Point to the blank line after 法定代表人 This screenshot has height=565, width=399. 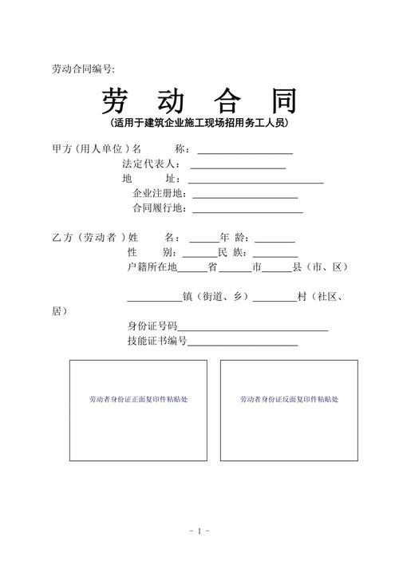tap(238, 167)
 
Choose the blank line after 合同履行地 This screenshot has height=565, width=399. tap(247, 211)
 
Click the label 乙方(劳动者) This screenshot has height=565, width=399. tap(86, 238)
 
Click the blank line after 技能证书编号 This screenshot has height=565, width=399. tap(243, 344)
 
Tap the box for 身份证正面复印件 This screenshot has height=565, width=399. tap(138, 410)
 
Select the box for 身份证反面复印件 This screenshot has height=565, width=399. tap(289, 410)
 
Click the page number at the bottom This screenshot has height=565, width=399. tap(199, 531)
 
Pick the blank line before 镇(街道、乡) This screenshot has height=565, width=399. tap(154, 300)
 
